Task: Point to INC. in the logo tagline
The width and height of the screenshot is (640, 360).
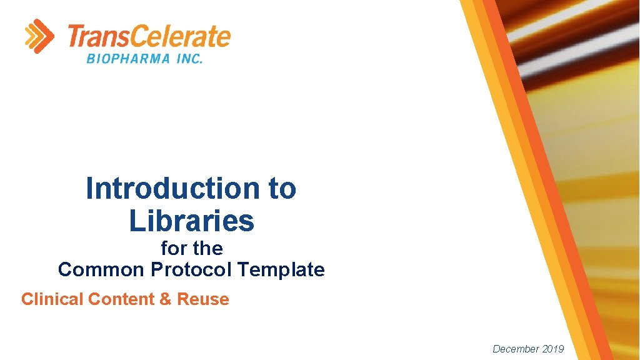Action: point(187,59)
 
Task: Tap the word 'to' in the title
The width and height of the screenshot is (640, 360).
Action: point(282,188)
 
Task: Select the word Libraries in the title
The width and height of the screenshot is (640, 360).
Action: point(191,220)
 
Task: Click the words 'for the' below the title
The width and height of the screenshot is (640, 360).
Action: point(191,248)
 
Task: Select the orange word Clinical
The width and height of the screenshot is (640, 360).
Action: point(52,299)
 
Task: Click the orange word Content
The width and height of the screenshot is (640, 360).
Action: point(122,299)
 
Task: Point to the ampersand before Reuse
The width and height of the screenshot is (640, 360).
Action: point(165,299)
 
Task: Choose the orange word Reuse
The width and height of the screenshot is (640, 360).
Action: point(203,299)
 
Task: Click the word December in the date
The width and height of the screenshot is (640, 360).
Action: point(516,349)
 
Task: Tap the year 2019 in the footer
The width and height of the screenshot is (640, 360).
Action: point(552,349)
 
